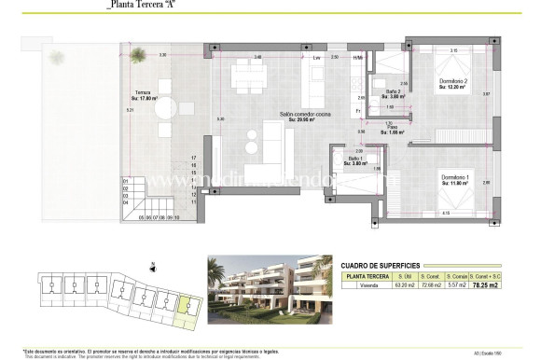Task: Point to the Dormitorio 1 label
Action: pos(454,179)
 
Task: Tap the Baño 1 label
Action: pos(354,160)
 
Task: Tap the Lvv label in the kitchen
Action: pos(316,59)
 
